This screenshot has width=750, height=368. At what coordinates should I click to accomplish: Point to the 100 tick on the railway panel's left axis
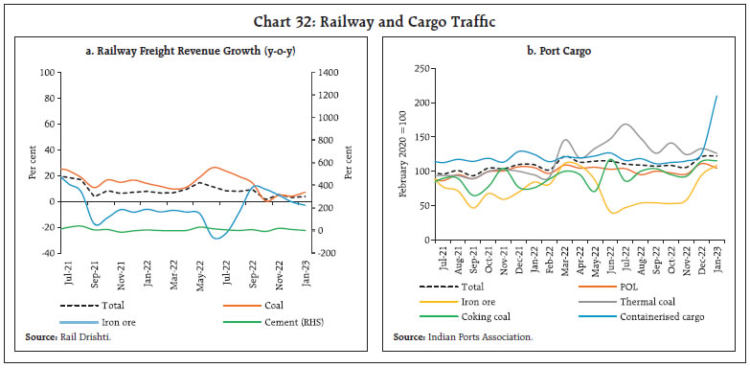pyautogui.click(x=45, y=73)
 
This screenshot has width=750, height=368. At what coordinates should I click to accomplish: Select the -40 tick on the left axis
pyautogui.click(x=45, y=253)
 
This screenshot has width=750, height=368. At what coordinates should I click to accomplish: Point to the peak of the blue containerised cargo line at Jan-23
pyautogui.click(x=718, y=96)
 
